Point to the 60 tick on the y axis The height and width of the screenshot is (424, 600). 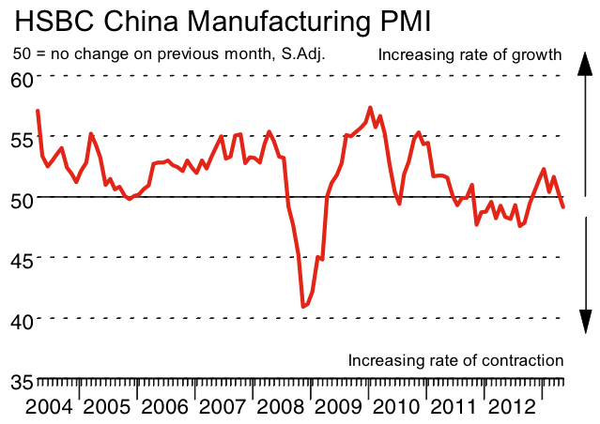(x=21, y=77)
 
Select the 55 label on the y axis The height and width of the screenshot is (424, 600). (x=21, y=138)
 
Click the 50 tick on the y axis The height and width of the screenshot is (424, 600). (x=21, y=198)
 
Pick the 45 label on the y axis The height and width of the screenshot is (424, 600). (x=21, y=259)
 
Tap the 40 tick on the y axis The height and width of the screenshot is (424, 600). (x=21, y=320)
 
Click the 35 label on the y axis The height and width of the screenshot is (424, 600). (x=21, y=381)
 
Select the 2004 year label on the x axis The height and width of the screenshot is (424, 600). (x=49, y=408)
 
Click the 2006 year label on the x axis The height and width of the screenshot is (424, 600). (x=165, y=408)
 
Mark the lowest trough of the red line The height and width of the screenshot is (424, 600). (x=303, y=306)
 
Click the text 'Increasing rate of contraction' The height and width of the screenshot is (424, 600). (x=455, y=360)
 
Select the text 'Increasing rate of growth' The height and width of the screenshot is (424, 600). (x=469, y=54)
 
